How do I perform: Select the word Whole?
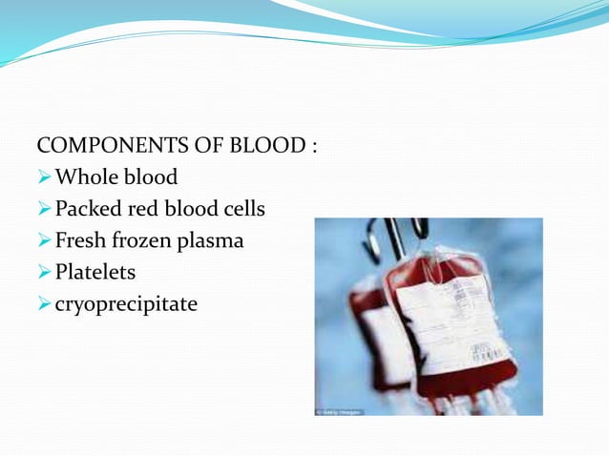point(87,178)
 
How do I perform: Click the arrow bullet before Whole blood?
point(44,178)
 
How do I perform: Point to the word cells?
point(242,210)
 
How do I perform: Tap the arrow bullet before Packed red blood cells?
point(44,210)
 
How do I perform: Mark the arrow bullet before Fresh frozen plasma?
point(44,241)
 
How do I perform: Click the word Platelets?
point(95,273)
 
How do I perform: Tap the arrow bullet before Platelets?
point(44,273)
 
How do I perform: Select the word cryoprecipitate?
point(126,305)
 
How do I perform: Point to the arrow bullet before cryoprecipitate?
point(44,304)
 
